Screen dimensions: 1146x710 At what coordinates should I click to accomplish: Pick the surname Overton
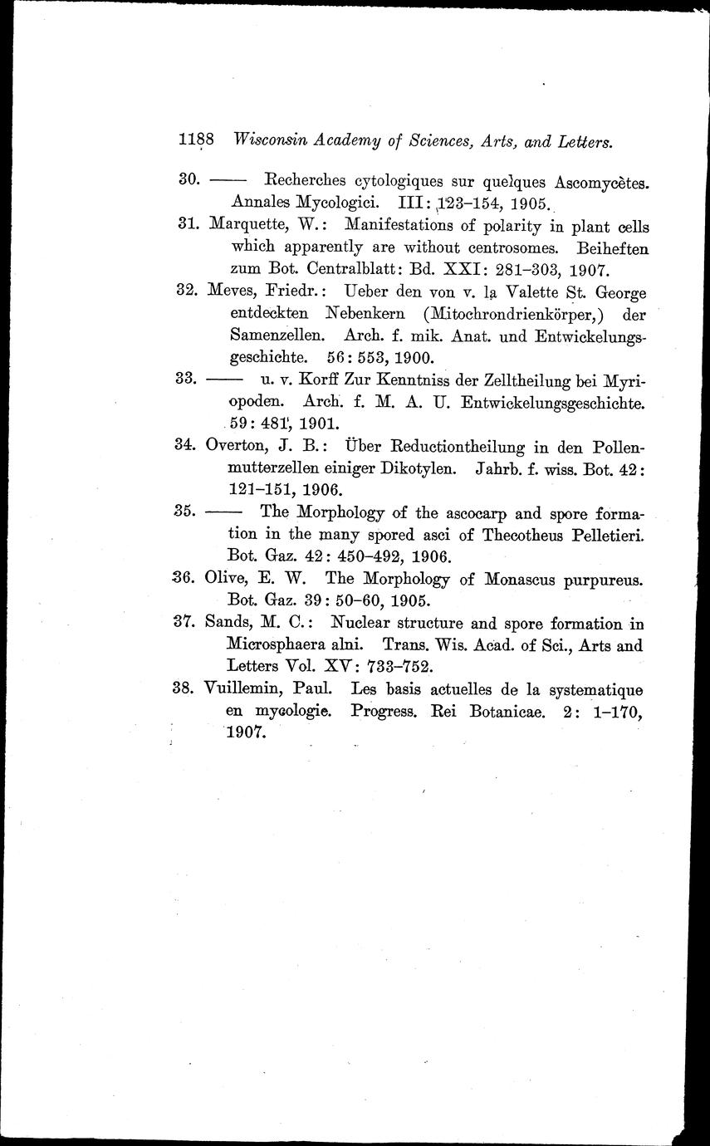coord(240,447)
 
